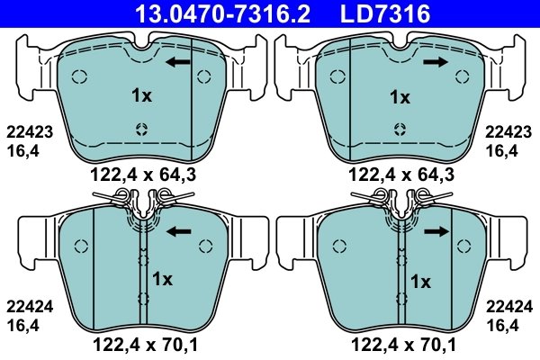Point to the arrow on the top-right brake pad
(437, 61)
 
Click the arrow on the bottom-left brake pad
(180, 231)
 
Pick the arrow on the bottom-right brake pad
(437, 231)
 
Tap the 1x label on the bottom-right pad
(420, 280)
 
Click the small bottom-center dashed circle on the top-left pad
(140, 128)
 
